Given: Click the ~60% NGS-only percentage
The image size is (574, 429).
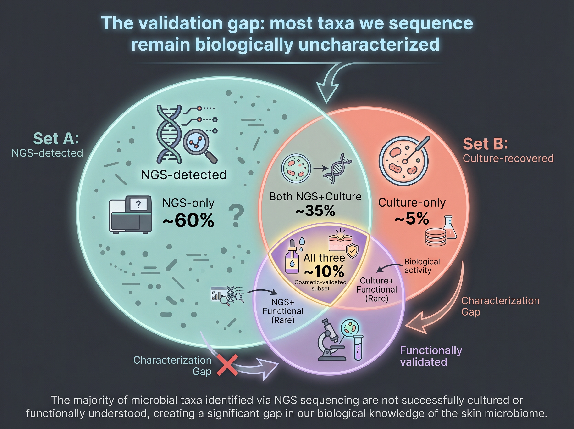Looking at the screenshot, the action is [188, 220].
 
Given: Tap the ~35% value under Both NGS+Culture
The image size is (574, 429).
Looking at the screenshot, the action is [315, 211].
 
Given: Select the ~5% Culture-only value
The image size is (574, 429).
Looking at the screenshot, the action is [412, 218].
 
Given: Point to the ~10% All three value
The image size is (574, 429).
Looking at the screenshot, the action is [324, 272].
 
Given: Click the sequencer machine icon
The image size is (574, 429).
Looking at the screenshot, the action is [131, 214].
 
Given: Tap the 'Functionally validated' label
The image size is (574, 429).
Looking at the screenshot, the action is [431, 356].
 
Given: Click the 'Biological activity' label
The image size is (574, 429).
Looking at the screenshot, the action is [422, 266].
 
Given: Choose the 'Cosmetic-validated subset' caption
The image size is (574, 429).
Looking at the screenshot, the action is [320, 285].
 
